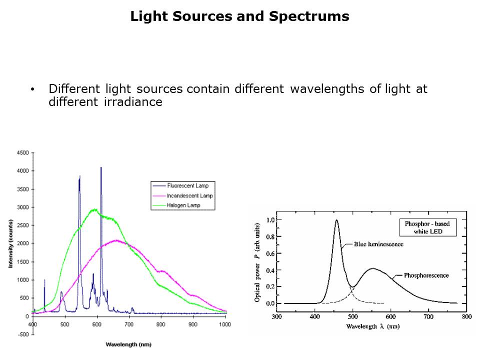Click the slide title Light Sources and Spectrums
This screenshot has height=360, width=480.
tap(239, 16)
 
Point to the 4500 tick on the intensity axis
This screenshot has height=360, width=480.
tap(22, 153)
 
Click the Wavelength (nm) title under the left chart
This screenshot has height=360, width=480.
tap(128, 344)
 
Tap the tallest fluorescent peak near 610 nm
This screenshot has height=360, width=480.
tap(101, 168)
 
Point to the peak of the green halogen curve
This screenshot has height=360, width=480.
tap(94, 210)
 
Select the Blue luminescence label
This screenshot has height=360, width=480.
tap(378, 244)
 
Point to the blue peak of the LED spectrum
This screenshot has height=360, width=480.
tap(336, 220)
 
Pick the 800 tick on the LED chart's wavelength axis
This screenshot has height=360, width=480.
tap(465, 316)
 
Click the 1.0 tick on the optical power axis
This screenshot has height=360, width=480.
tap(270, 220)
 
